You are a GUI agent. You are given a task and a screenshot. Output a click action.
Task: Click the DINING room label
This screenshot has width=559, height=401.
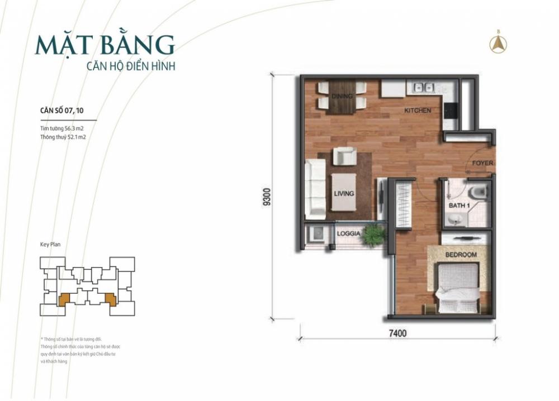click(342, 96)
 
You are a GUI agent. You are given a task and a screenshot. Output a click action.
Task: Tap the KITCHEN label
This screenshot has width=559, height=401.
click(418, 111)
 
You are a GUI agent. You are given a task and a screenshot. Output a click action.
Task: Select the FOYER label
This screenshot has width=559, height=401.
click(482, 164)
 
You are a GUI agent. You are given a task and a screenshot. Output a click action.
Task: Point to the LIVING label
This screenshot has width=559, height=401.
click(344, 194)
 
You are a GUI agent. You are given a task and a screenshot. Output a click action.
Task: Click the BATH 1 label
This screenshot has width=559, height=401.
click(459, 206)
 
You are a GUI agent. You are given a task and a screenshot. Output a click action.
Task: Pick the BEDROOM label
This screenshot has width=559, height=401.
click(461, 255)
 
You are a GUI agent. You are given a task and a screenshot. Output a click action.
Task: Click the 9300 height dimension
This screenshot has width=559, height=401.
click(267, 198)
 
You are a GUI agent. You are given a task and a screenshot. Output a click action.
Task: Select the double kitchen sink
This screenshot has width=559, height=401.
click(424, 87)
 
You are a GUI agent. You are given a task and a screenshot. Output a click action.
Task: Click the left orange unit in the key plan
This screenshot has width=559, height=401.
click(65, 299)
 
